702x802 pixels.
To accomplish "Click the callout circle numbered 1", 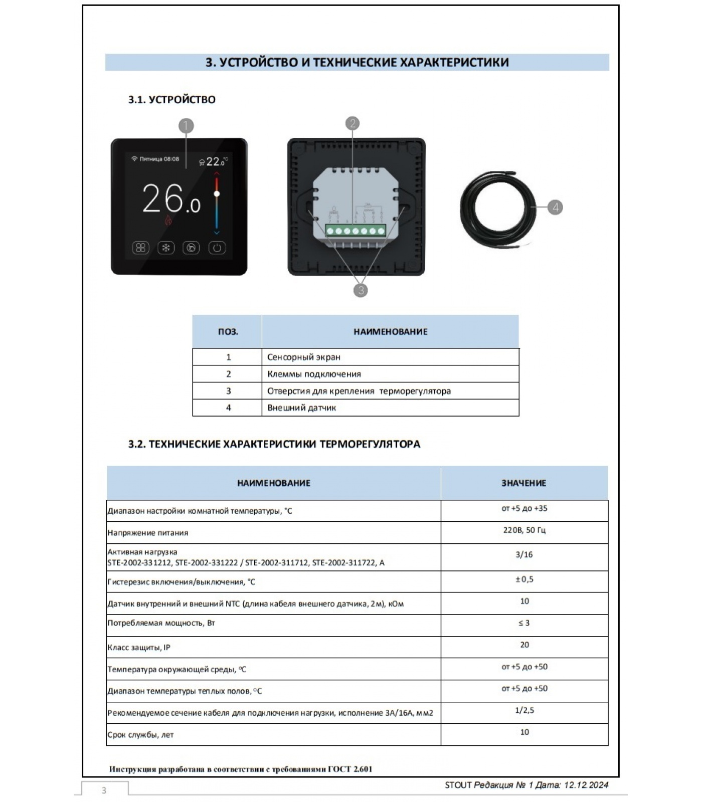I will point(186,126).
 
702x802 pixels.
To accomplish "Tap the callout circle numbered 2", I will point(353,123).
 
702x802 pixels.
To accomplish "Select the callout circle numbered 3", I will point(360,290).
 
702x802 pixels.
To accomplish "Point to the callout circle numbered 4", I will point(555,207).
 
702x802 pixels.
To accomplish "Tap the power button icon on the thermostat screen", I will point(217,248).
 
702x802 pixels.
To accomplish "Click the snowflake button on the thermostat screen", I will point(166,248).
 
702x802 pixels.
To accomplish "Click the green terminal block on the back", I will point(356,231).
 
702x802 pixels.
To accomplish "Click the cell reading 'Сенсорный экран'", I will point(304,357).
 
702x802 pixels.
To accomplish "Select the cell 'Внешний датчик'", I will point(302,408).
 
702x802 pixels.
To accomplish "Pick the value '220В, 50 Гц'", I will point(524,530).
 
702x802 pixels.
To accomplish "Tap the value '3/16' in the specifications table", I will point(524,554).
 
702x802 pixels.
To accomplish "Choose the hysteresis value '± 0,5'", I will point(524,579).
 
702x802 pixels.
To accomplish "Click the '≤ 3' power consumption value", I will point(524,623).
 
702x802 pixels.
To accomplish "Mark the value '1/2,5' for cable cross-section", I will point(524,710).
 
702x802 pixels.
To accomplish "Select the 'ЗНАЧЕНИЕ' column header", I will point(524,483).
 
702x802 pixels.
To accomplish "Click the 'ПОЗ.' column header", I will point(228,332).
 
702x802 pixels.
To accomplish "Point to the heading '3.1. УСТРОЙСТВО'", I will point(171,99).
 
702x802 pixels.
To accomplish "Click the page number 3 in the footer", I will point(104,790).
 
